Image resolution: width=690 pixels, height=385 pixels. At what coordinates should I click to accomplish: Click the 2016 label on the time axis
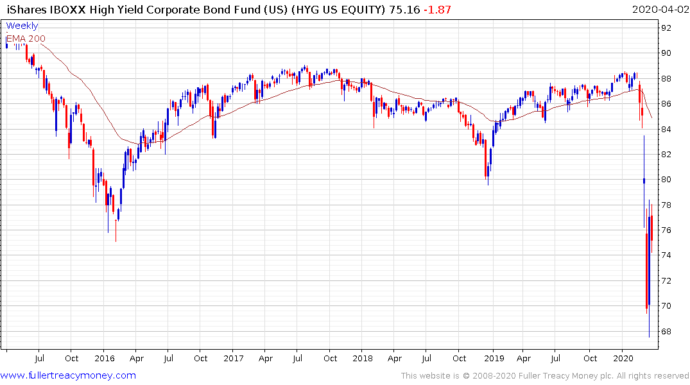tap(105, 358)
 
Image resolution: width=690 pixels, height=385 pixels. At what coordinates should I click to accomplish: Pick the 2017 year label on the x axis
tap(234, 358)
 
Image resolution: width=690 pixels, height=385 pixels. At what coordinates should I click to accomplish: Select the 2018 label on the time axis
tap(363, 358)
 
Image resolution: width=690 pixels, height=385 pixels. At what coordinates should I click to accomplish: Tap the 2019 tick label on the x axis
tap(493, 358)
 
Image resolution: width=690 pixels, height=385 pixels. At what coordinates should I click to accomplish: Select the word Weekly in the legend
tap(22, 26)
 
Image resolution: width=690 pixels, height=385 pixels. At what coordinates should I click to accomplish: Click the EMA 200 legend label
tap(26, 38)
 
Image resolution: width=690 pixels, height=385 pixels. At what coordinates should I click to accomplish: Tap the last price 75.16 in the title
tap(403, 9)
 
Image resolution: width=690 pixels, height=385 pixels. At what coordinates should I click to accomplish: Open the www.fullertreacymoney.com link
tap(68, 375)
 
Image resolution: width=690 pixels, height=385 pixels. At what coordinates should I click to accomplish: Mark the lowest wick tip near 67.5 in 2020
tap(649, 336)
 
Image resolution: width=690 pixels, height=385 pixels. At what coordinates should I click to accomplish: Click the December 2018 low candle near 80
tap(488, 173)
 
